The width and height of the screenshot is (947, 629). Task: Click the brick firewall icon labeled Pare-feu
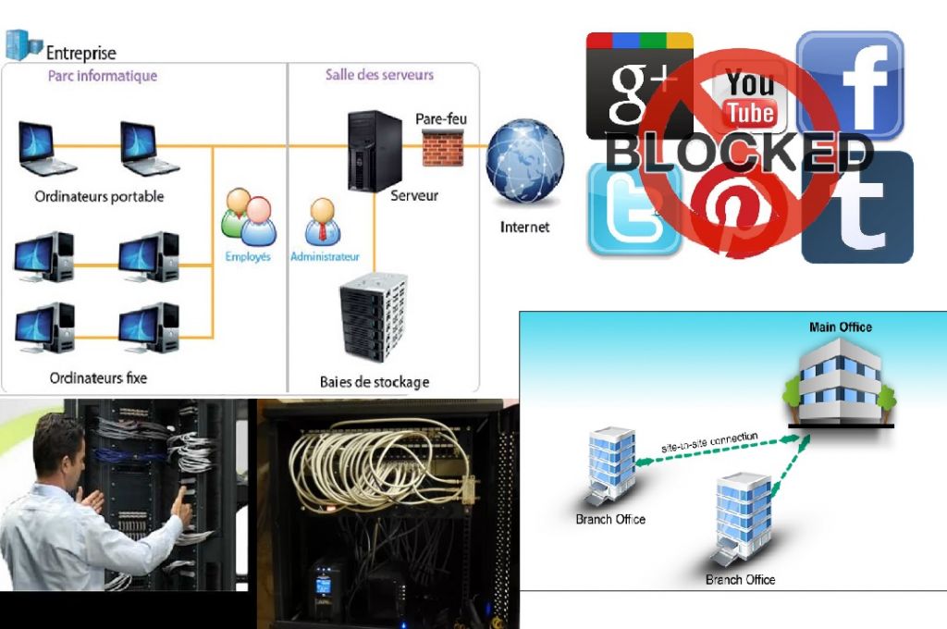442,146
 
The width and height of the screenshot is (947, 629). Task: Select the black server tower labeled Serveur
374,150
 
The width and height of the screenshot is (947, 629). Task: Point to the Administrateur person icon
323,222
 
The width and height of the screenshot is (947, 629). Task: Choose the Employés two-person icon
248,216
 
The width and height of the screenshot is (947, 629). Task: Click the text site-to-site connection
709,441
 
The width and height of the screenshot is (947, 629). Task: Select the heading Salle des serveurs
379,75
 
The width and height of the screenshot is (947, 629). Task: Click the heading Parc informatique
103,76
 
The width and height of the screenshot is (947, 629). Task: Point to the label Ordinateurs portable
99,197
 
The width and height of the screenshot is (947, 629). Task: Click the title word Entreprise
82,53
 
